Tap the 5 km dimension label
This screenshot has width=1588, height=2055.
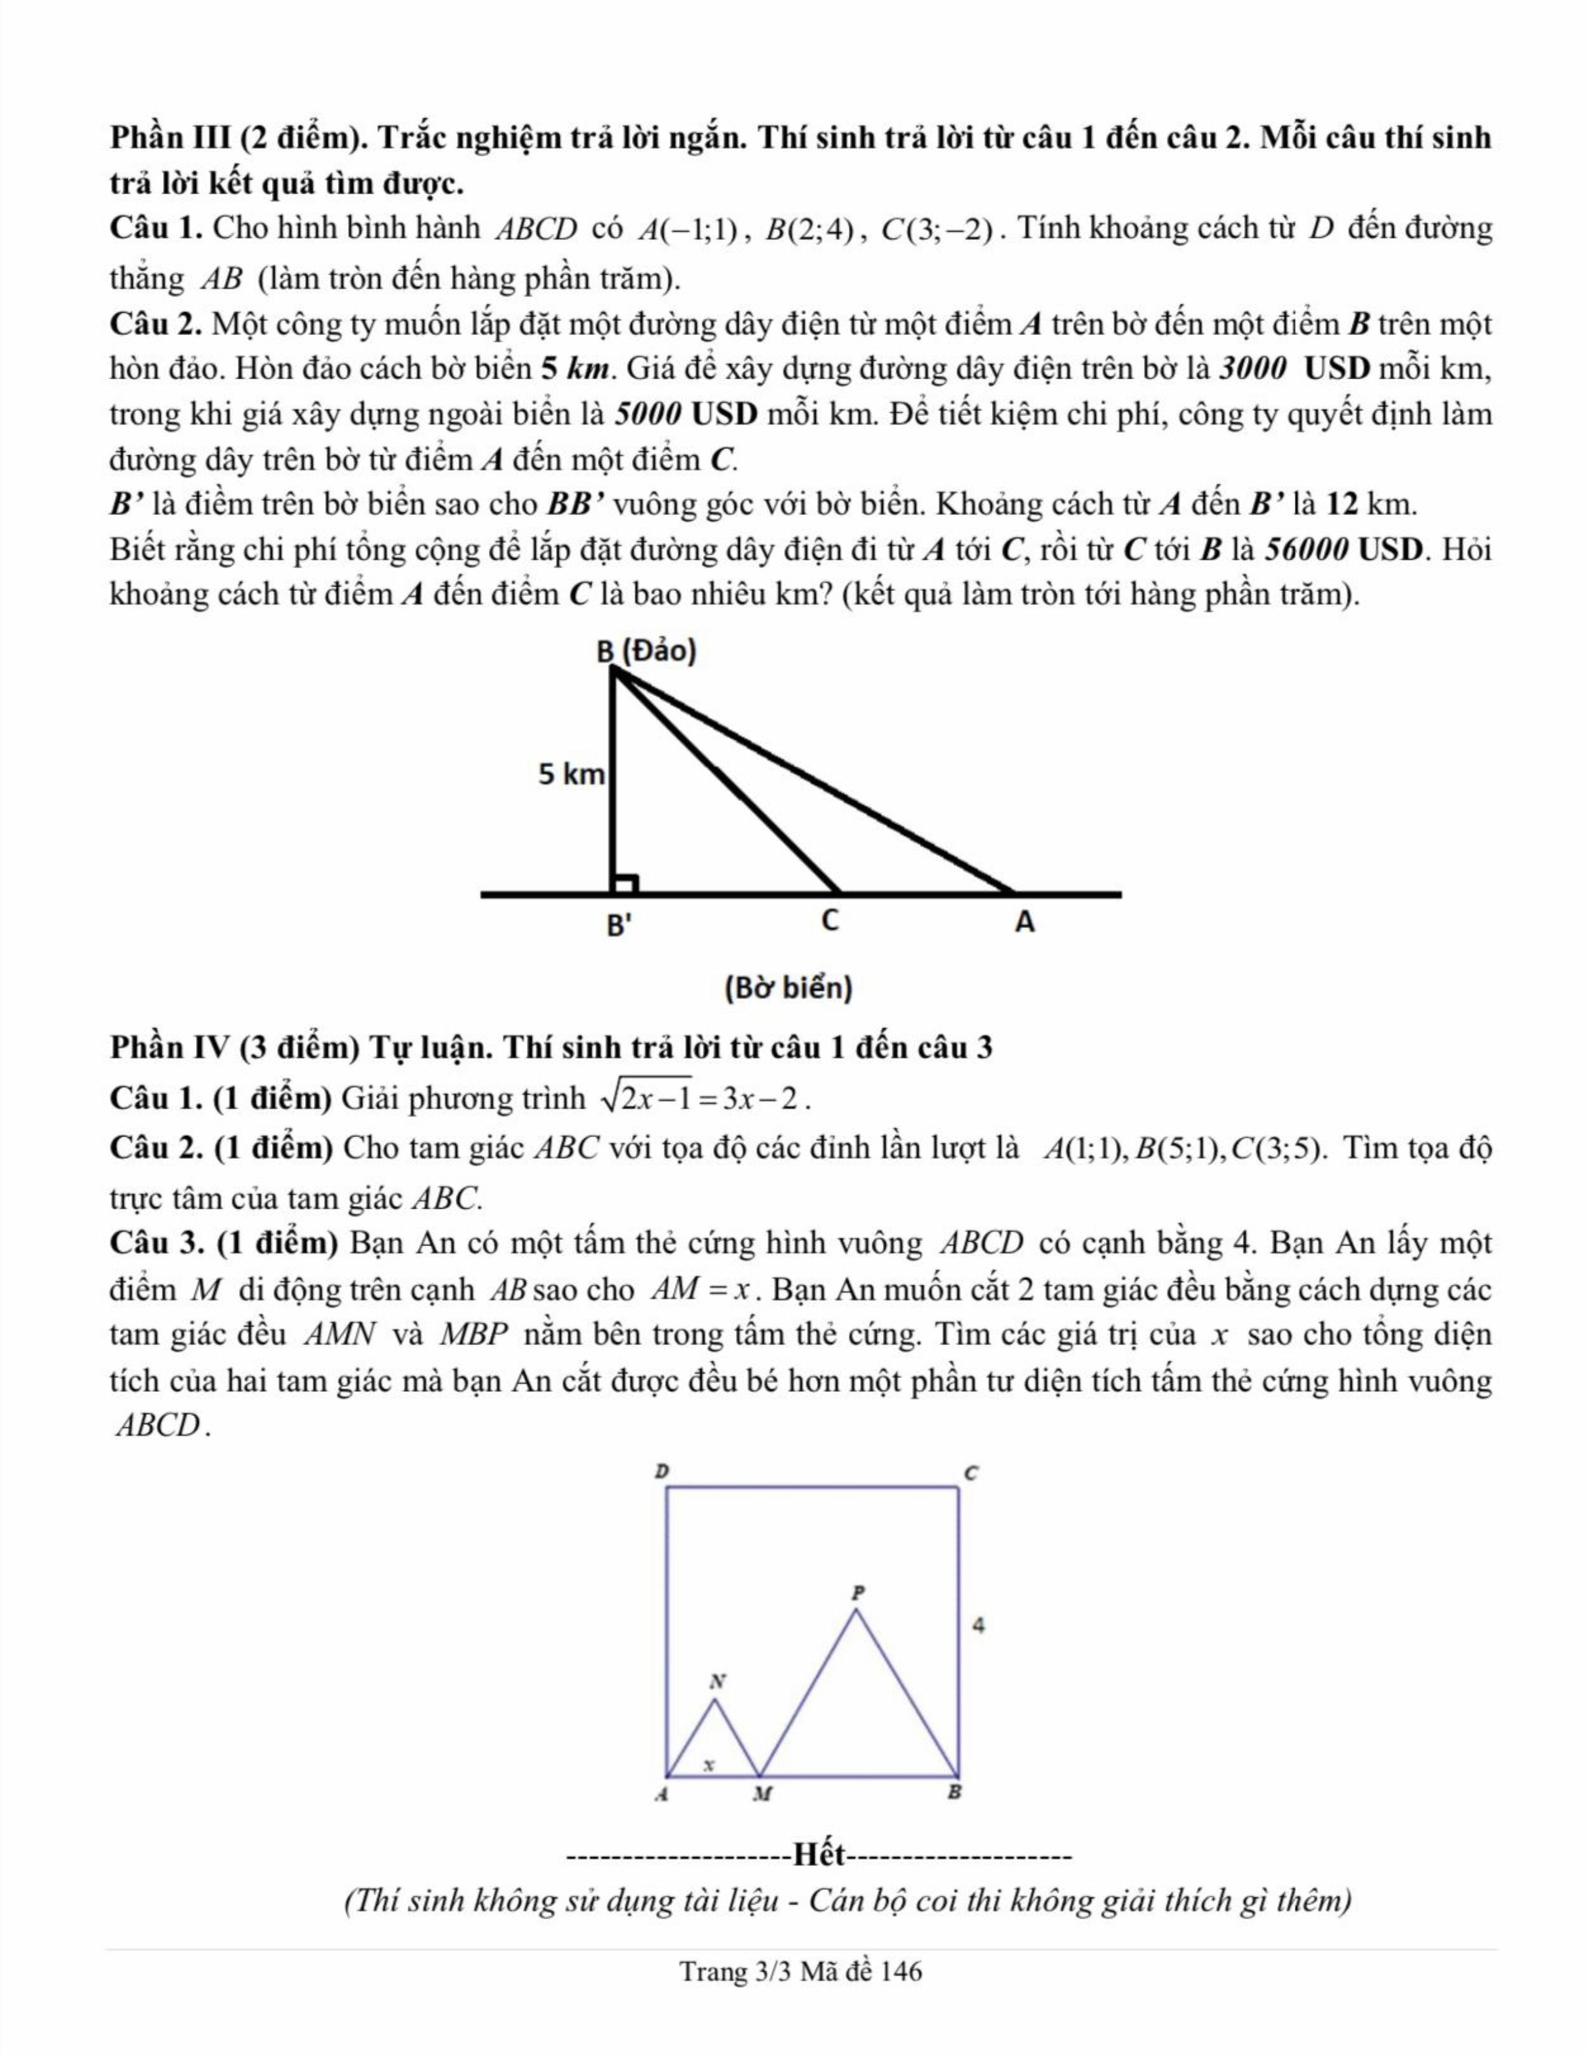tap(571, 775)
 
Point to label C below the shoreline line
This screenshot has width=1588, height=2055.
tap(829, 921)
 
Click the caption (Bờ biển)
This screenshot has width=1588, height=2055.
tap(788, 988)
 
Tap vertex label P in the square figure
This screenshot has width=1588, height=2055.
tap(856, 1593)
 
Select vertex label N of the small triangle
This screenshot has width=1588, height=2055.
tap(718, 1679)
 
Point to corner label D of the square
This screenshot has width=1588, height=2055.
tap(661, 1470)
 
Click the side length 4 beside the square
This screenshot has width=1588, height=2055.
tap(980, 1625)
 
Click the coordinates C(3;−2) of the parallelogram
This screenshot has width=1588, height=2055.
tap(937, 230)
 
